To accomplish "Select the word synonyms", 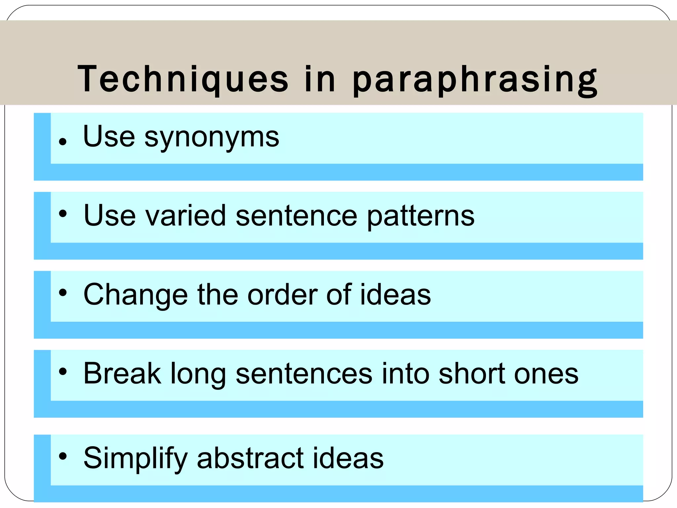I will [x=212, y=137].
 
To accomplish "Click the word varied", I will [x=185, y=216].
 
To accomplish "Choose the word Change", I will [x=136, y=295].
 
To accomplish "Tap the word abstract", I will [x=250, y=458].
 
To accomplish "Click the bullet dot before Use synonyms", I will [x=62, y=142].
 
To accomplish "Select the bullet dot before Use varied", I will [x=62, y=214].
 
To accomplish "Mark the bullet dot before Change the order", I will [x=62, y=292].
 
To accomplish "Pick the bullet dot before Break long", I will [x=62, y=372].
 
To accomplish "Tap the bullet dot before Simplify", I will [x=62, y=456].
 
